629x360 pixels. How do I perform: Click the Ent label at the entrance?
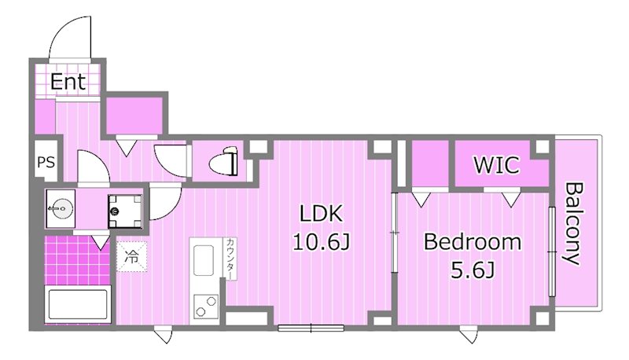[x=68, y=82]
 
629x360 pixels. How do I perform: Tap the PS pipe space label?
[x=46, y=163]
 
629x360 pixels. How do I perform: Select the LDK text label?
[x=322, y=214]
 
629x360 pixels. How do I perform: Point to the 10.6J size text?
[x=322, y=242]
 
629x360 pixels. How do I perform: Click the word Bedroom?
[x=473, y=242]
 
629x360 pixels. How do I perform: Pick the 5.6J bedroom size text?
[x=473, y=271]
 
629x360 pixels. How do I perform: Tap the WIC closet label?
[x=497, y=165]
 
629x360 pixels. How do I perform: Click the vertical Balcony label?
[x=572, y=224]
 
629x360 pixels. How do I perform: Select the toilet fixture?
[x=223, y=162]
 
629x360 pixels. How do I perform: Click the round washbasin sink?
[x=61, y=208]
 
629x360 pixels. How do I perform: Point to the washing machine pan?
[x=125, y=211]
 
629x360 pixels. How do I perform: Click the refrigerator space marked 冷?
[x=132, y=256]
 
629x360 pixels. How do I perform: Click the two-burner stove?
[x=206, y=306]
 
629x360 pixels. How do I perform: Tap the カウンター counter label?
[x=230, y=259]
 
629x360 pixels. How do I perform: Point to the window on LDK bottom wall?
[x=311, y=328]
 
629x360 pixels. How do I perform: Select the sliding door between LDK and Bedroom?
[x=395, y=233]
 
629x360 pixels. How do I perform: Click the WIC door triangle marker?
[x=511, y=199]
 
